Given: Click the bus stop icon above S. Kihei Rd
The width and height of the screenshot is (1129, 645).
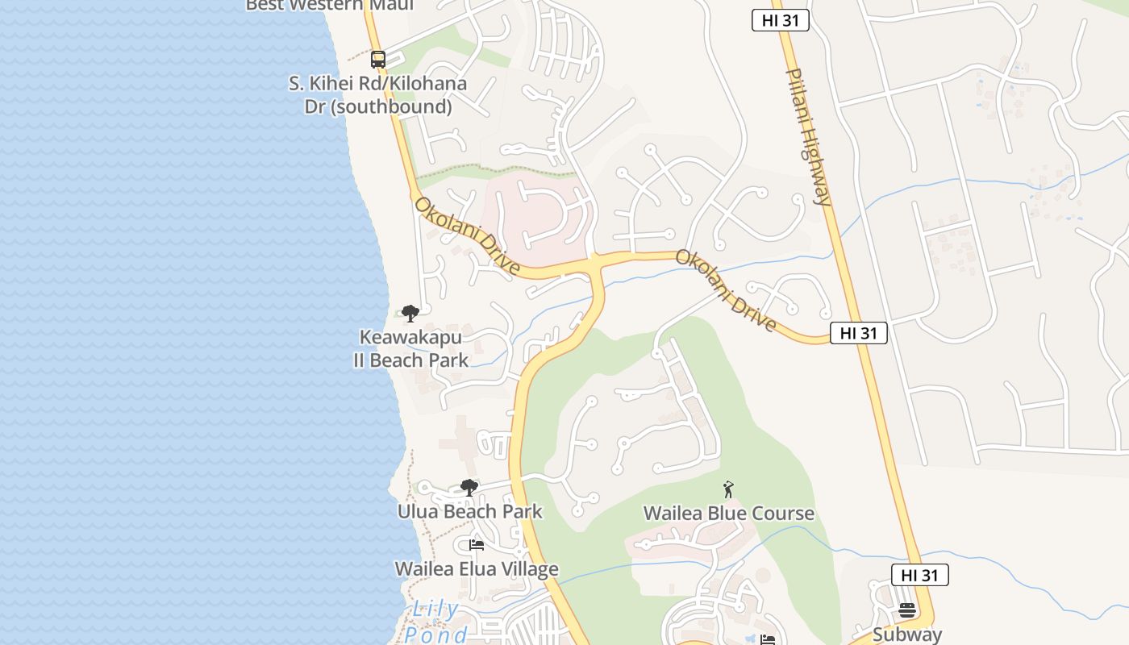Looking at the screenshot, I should click(x=378, y=59).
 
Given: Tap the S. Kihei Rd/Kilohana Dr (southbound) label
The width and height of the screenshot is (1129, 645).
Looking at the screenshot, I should click(x=377, y=95).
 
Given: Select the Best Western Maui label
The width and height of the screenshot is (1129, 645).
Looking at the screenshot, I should click(x=330, y=6).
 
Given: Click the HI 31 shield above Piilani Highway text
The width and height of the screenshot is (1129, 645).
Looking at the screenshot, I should click(x=780, y=21).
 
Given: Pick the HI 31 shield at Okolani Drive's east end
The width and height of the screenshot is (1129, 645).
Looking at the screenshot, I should click(x=858, y=333).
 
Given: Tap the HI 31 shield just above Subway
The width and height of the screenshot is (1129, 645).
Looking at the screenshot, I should click(x=919, y=575).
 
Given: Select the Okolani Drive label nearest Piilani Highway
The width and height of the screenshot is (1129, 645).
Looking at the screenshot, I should click(x=725, y=290).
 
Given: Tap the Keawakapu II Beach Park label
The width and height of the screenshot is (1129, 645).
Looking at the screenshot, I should click(x=410, y=348).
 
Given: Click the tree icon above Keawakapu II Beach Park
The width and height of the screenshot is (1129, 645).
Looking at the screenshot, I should click(x=410, y=313).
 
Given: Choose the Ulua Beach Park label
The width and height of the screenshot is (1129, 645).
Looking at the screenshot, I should click(x=469, y=511).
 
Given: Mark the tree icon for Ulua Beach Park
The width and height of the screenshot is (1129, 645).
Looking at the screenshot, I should click(x=469, y=487).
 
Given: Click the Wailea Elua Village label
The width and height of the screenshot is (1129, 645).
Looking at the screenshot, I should click(x=476, y=569).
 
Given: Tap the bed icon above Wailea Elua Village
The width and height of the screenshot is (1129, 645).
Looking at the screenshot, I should click(x=476, y=545).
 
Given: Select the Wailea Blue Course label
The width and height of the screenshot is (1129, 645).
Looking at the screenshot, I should click(x=728, y=514).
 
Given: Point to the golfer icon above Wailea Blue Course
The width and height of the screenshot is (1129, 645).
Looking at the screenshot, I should click(x=728, y=489).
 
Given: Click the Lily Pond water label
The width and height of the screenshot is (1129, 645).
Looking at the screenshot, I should click(x=435, y=622).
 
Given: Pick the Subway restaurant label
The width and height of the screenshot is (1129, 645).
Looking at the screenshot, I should click(x=906, y=635).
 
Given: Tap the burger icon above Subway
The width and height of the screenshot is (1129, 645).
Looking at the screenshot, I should click(x=906, y=610).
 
